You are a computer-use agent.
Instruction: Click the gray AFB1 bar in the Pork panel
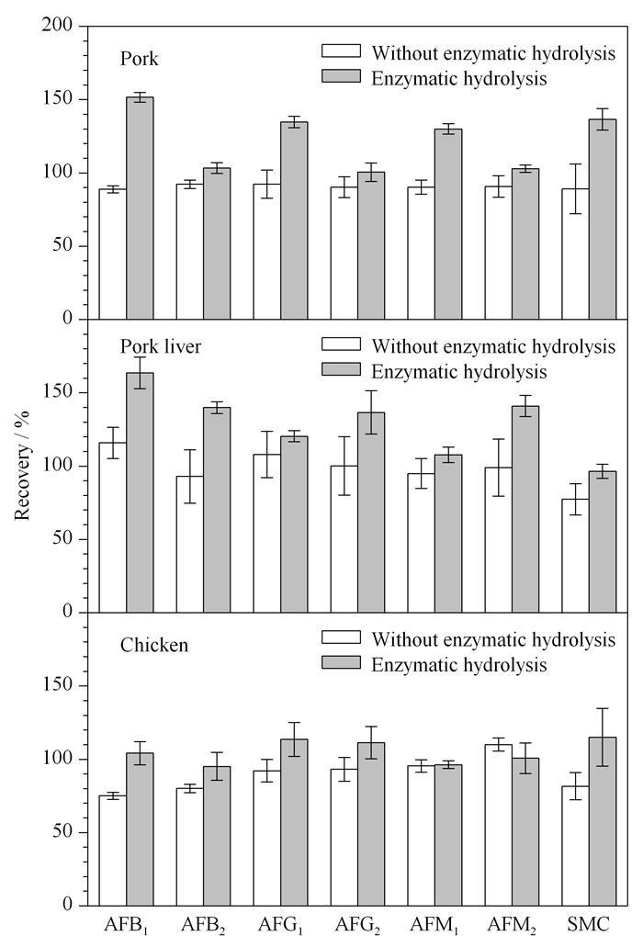pos(140,208)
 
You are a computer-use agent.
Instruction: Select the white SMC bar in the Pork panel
pos(576,254)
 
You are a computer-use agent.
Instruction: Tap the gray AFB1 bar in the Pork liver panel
pos(140,492)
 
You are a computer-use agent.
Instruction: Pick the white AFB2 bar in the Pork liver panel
pos(190,544)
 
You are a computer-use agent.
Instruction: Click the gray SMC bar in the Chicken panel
pos(603,821)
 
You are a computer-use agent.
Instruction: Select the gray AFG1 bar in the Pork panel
pos(294,220)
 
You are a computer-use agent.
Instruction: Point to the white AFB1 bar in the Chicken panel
pos(113,850)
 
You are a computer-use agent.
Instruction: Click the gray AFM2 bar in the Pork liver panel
pos(525,509)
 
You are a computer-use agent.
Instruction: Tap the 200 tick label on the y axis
pos(57,25)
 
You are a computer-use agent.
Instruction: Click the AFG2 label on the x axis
pos(357,925)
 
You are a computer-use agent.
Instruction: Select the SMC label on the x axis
pos(589,924)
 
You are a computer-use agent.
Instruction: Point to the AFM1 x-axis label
pos(434,925)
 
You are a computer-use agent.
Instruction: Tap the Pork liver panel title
pos(161,346)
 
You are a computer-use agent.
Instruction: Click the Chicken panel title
pos(154,645)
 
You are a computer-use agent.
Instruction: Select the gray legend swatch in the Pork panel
pos(342,76)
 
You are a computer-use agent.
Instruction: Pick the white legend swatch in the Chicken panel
pos(342,637)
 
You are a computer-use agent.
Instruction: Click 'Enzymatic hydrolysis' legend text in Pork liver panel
pos(459,372)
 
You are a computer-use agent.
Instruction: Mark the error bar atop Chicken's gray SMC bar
pos(603,738)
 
